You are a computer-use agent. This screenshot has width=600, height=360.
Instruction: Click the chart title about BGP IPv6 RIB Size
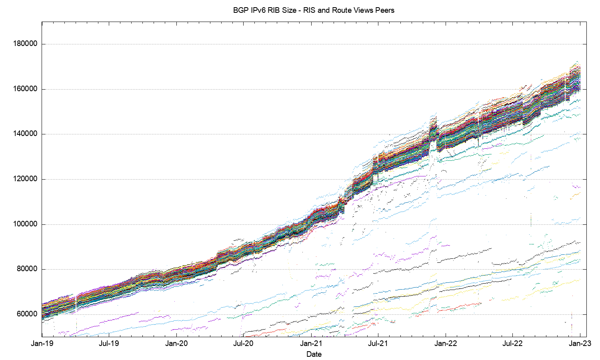tap(314, 10)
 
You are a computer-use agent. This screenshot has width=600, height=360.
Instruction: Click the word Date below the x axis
tap(314, 354)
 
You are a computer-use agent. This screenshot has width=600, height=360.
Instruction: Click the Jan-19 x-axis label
tap(42, 344)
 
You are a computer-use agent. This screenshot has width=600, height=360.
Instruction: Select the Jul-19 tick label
tap(109, 344)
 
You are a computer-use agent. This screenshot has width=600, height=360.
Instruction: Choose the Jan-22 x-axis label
tap(446, 344)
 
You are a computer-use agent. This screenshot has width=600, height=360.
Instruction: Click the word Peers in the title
tap(384, 10)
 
